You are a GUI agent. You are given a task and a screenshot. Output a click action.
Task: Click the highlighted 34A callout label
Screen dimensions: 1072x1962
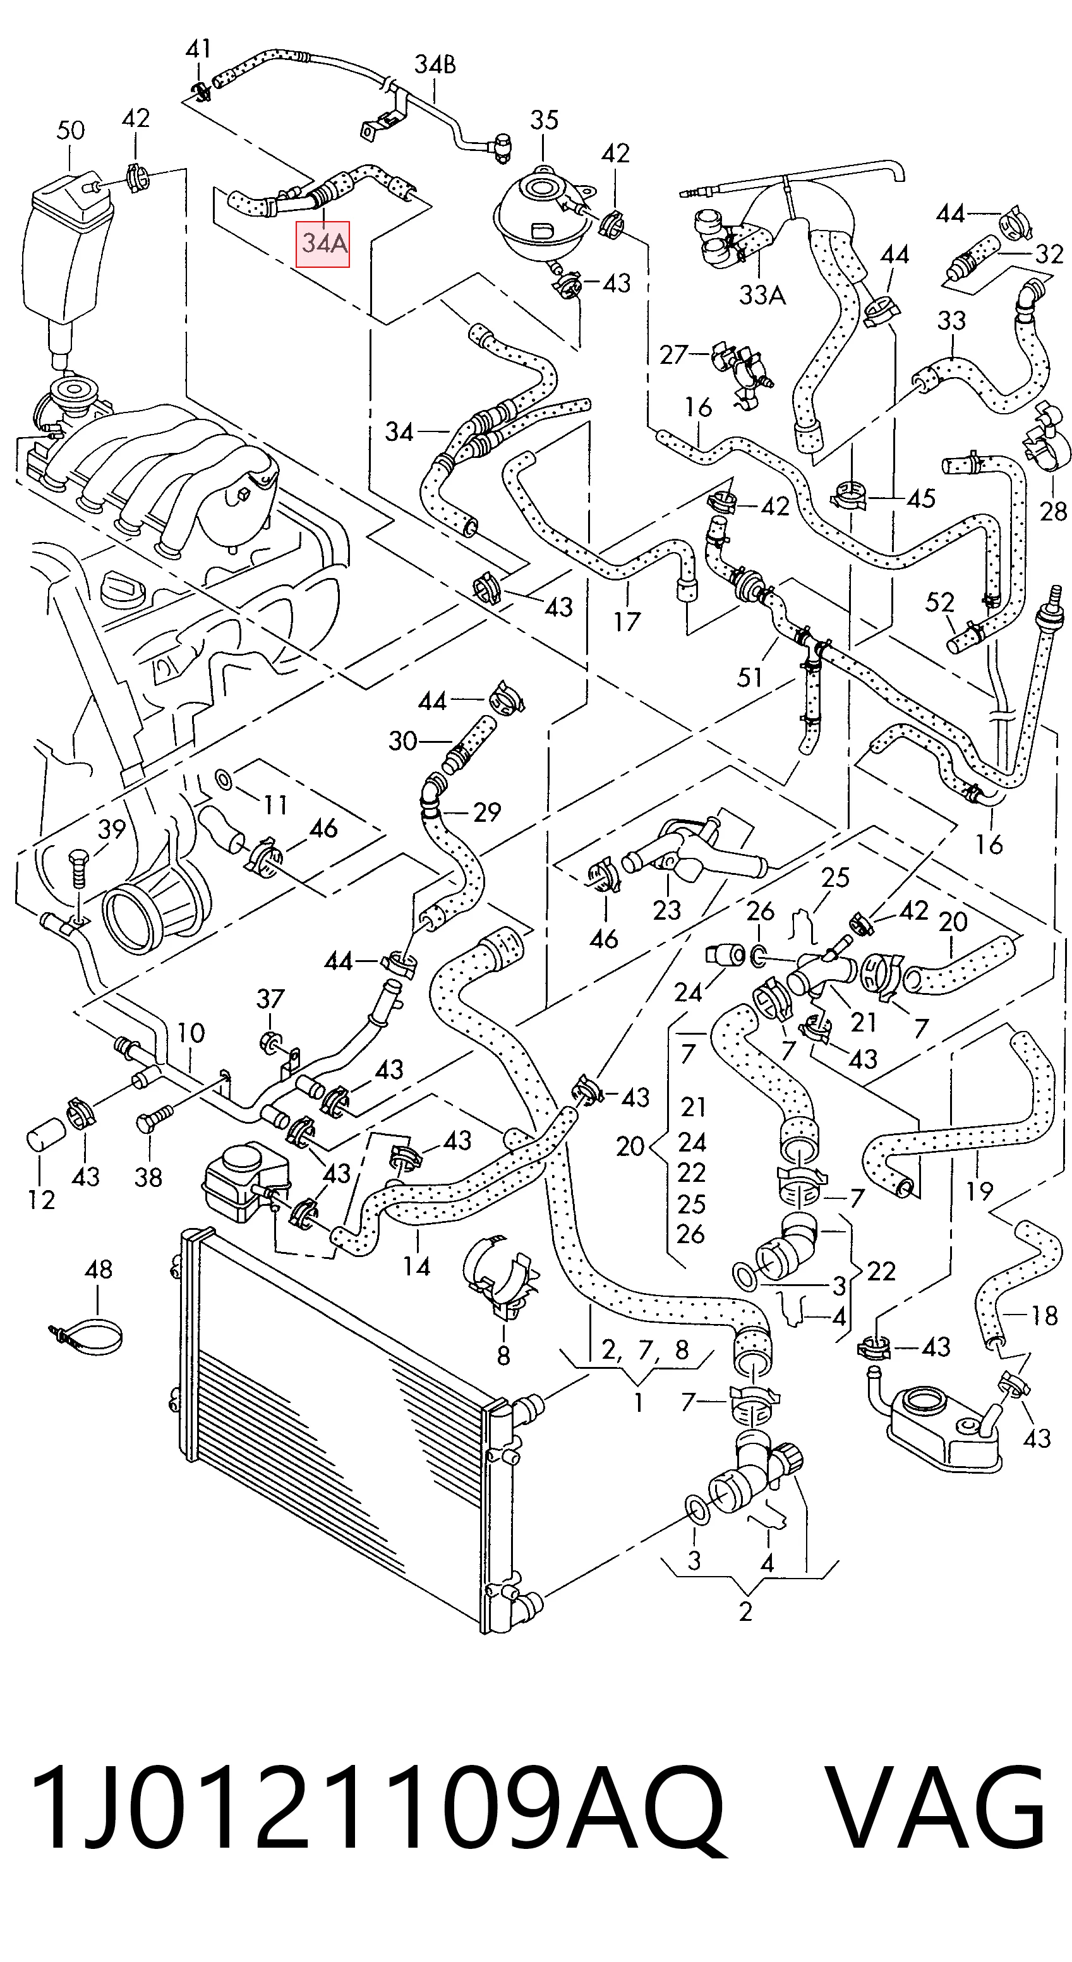322,244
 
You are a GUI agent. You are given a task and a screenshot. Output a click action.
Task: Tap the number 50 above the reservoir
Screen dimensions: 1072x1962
71,130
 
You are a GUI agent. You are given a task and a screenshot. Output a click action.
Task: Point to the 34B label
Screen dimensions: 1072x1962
435,66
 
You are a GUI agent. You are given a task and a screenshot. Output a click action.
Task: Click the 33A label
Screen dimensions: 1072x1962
762,295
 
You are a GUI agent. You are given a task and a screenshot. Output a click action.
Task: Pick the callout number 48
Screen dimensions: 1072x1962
99,1269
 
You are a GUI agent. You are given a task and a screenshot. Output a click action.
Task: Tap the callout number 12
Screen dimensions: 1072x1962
41,1200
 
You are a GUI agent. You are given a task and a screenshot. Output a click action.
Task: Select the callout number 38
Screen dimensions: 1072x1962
148,1177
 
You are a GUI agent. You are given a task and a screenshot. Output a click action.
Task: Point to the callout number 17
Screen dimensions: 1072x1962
627,622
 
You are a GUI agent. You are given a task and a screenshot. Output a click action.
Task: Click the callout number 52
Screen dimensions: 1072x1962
939,603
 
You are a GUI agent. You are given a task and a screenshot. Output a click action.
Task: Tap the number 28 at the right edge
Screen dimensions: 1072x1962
1053,510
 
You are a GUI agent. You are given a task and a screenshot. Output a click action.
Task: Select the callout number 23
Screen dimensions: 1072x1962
666,910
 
